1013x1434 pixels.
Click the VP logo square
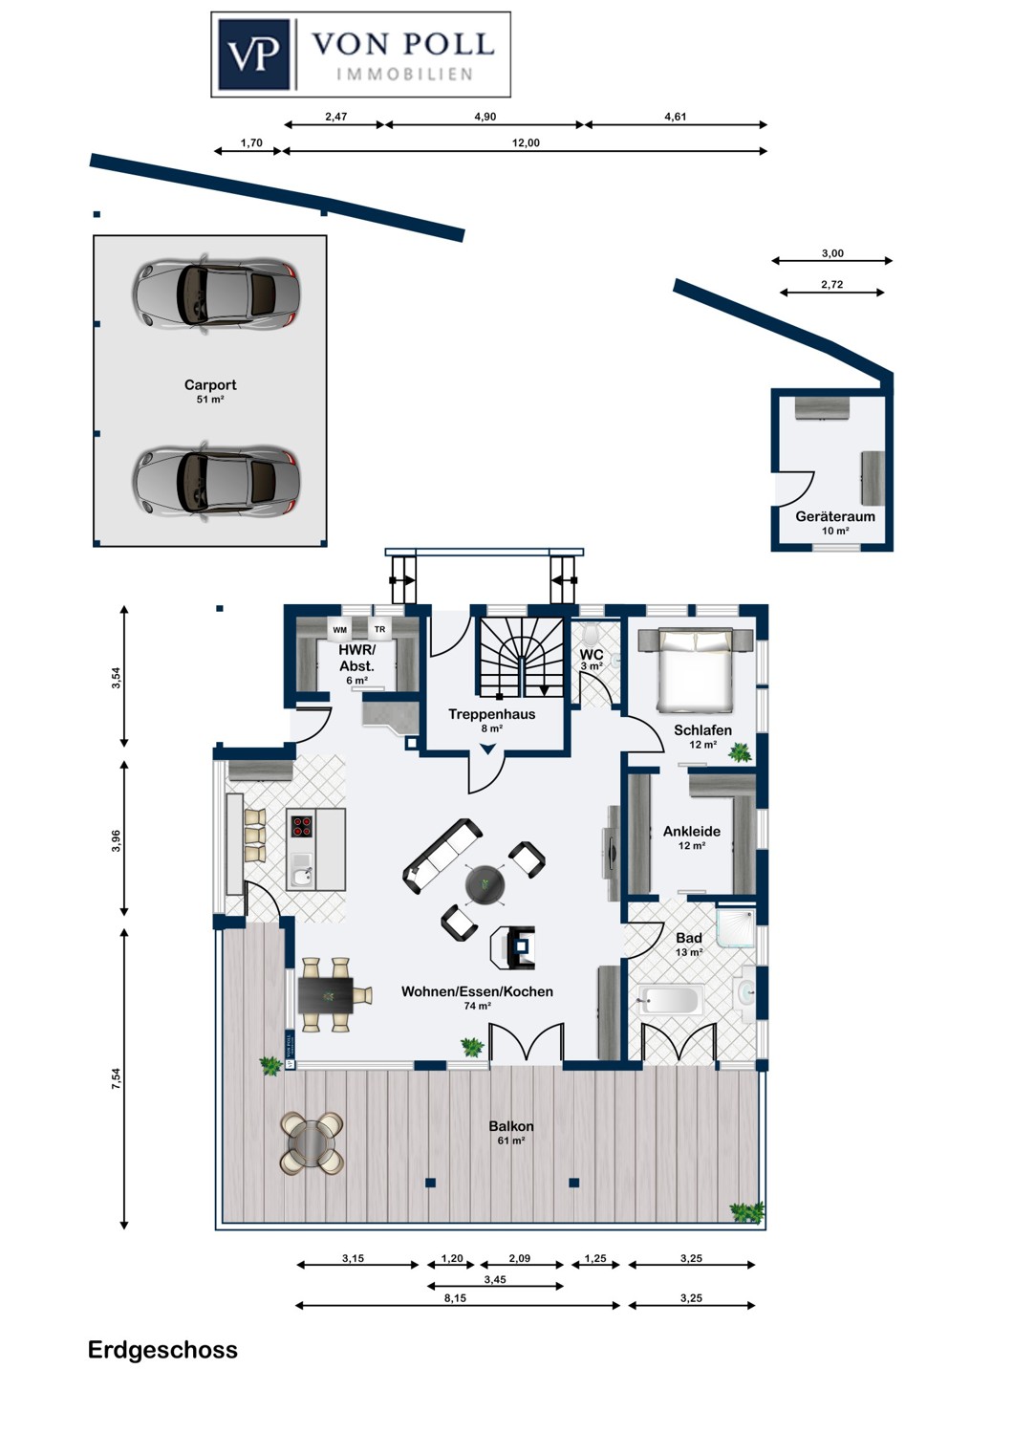point(254,54)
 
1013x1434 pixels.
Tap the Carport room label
point(210,384)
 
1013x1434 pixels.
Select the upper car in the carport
point(216,293)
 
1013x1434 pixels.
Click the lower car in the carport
point(216,479)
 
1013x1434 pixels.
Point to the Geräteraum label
point(835,516)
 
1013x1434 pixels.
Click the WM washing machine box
point(340,629)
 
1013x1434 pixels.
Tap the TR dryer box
point(380,629)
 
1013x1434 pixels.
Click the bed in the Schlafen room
point(695,669)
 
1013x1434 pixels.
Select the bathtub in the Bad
point(671,1000)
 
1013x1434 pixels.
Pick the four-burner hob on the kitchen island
point(302,826)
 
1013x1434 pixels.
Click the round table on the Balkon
point(313,1143)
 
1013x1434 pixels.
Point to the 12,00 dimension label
point(526,142)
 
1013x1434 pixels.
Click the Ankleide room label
point(692,831)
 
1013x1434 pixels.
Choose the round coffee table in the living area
point(485,884)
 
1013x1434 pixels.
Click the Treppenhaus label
point(491,714)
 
